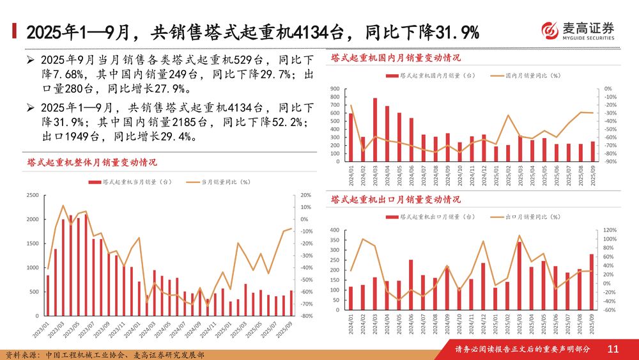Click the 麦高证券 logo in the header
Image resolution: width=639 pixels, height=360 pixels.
pyautogui.click(x=578, y=31)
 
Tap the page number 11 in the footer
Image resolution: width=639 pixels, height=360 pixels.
pyautogui.click(x=613, y=349)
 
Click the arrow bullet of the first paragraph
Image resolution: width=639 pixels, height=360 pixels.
pyautogui.click(x=30, y=60)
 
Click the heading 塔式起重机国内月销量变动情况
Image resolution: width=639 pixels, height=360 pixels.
pyautogui.click(x=396, y=58)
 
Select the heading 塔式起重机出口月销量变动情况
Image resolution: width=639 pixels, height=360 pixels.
pyautogui.click(x=396, y=200)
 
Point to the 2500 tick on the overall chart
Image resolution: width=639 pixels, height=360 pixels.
pyautogui.click(x=32, y=195)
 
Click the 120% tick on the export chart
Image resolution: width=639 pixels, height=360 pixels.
pyautogui.click(x=609, y=230)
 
